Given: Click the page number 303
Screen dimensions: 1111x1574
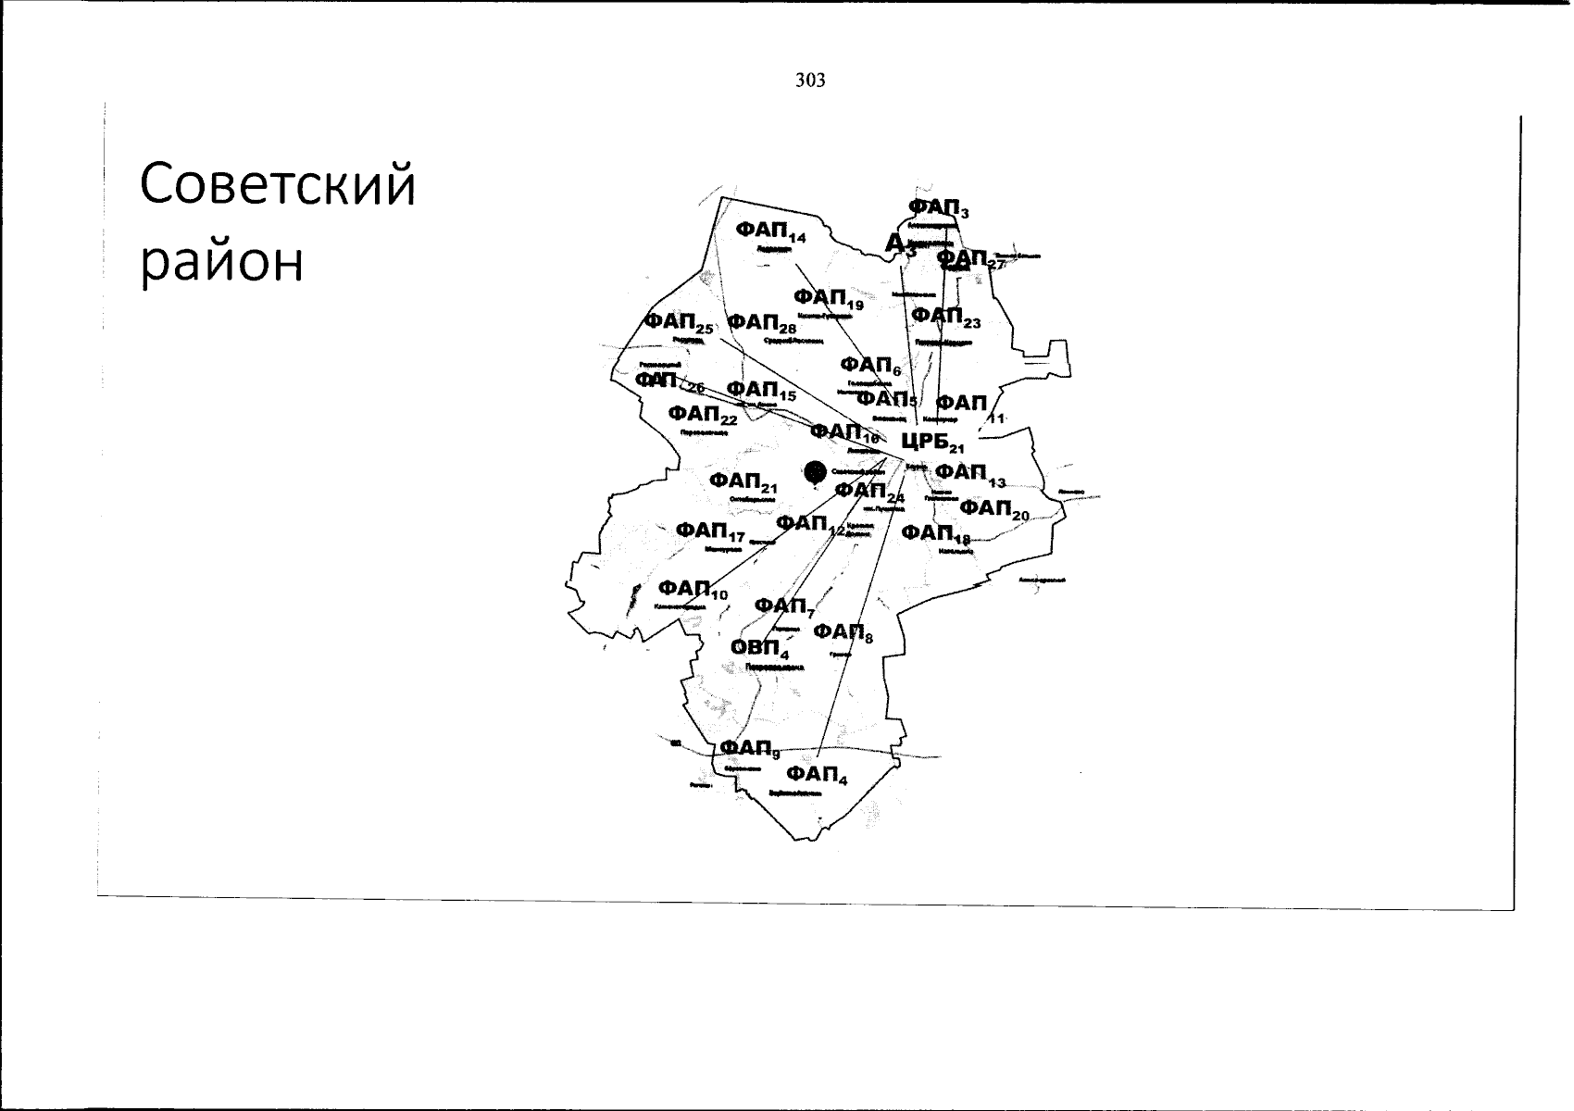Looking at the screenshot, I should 809,81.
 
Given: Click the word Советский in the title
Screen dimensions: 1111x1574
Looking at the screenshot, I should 278,185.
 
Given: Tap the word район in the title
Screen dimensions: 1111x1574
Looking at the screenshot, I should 222,264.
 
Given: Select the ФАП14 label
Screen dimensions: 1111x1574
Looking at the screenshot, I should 770,231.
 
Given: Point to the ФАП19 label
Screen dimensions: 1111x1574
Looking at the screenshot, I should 828,298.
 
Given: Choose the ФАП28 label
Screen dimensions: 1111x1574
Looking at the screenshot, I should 761,322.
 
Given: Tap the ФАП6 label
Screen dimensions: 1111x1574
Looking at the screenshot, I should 870,367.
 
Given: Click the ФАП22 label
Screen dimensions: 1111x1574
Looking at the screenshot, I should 702,413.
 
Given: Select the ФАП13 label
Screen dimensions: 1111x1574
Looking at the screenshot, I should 969,473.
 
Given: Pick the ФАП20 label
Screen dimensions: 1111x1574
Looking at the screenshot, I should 993,509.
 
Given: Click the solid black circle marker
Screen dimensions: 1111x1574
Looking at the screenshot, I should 815,471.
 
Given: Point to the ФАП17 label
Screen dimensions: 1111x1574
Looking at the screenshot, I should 709,531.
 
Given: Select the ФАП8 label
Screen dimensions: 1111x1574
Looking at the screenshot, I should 843,632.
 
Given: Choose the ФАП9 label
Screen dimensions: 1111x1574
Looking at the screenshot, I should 750,748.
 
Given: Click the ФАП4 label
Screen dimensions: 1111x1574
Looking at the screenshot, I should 816,774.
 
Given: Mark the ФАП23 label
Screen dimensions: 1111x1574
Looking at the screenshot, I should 944,317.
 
